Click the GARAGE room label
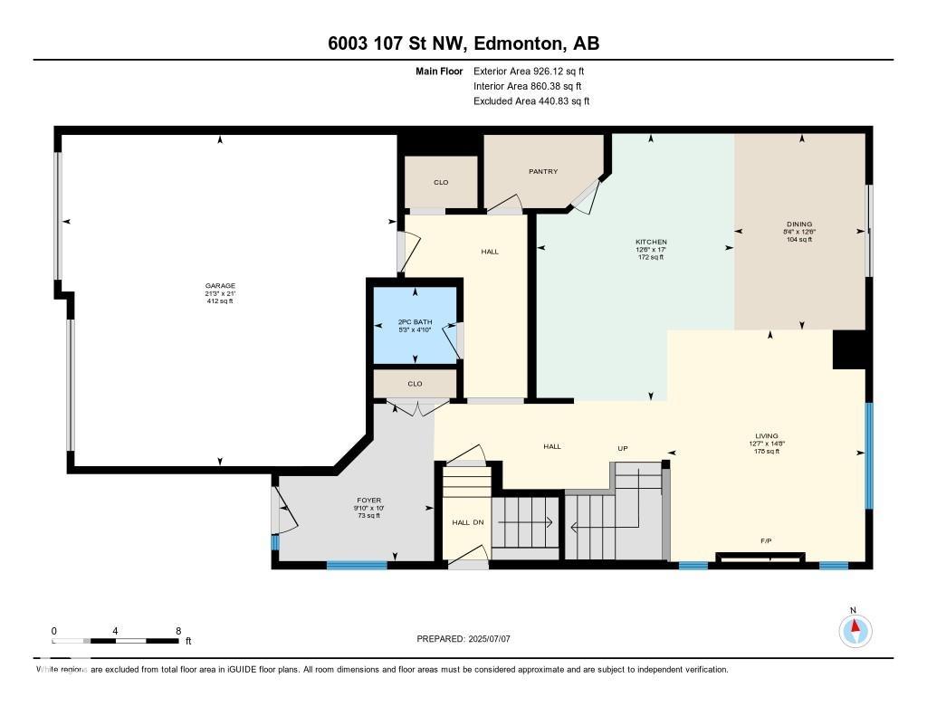pos(219,286)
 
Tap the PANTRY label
pos(543,171)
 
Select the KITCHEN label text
pos(650,242)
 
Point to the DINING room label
pos(799,224)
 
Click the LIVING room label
pos(766,436)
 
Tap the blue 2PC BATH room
pos(416,325)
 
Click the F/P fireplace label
pos(766,541)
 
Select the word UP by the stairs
pos(623,448)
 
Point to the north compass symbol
pos(853,628)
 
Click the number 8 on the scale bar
pos(178,630)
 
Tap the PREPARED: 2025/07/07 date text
pos(463,639)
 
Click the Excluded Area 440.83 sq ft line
pos(531,101)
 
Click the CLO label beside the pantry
pos(440,182)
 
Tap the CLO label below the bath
pos(415,384)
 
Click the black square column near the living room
pos(849,349)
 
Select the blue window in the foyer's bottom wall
pos(357,565)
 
